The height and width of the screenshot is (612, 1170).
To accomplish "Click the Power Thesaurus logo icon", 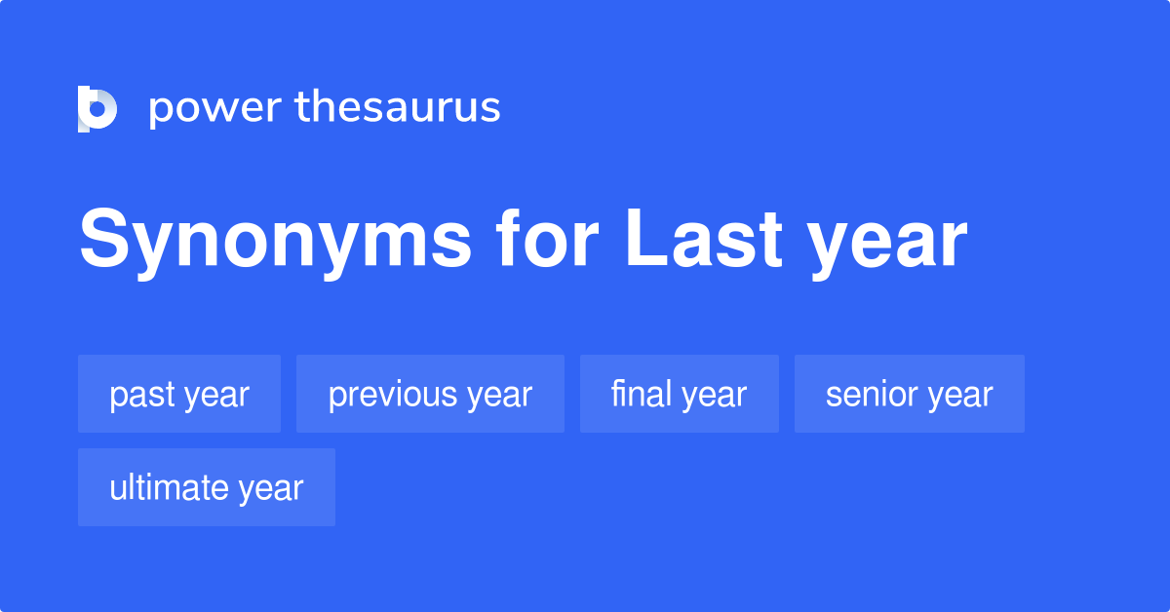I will coord(97,108).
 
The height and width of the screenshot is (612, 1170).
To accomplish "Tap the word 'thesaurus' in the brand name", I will coord(398,107).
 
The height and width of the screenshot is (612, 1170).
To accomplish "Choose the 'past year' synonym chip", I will coord(179,394).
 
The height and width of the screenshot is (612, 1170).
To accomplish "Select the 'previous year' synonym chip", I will coord(430,394).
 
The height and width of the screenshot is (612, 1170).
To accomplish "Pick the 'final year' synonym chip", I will coord(679,394).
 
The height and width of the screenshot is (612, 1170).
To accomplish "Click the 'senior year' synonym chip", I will coord(909,394).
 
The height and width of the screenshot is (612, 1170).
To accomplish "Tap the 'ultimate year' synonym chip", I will coord(207,487).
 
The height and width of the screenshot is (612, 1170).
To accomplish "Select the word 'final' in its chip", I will coord(641,394).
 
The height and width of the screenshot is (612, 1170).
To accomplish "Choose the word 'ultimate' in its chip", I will coord(166,487).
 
